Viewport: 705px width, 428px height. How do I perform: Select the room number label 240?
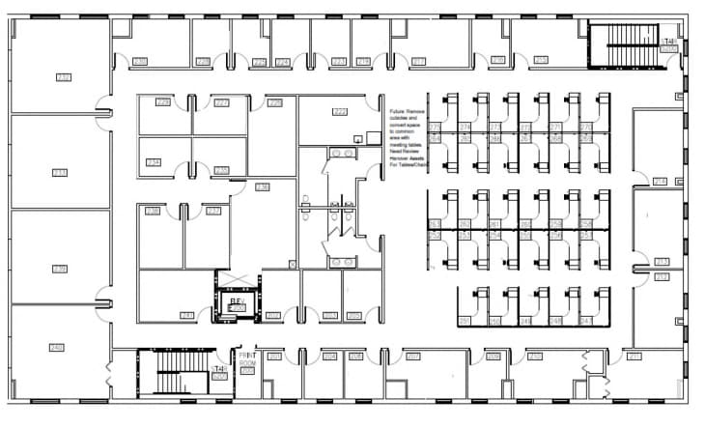coord(56,347)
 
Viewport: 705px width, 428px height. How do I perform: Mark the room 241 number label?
coord(187,315)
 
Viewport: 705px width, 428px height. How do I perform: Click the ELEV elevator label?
coord(235,302)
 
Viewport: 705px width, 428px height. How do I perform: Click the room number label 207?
coord(412,357)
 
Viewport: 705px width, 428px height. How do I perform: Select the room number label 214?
coord(661,182)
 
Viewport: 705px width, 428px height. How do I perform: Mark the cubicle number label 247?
coord(585,321)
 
